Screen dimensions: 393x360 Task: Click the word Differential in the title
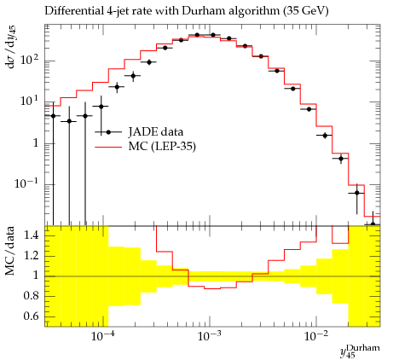(x=74, y=11)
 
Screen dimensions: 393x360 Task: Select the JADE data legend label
(x=156, y=132)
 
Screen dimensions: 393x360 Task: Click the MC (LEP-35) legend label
(x=162, y=147)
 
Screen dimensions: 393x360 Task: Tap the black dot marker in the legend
(x=108, y=132)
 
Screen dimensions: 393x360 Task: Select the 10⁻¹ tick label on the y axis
(x=26, y=183)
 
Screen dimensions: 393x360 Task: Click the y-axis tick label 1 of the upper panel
(x=35, y=143)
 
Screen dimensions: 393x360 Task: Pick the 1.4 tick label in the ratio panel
(x=32, y=235)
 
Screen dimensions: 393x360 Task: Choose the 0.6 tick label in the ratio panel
(x=32, y=316)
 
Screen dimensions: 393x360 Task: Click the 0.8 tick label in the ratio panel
(x=32, y=296)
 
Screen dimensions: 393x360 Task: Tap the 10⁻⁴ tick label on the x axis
(x=102, y=336)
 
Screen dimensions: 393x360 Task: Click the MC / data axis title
(x=9, y=251)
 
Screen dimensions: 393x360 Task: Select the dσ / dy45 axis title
(x=11, y=47)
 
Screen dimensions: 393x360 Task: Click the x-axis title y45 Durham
(x=360, y=351)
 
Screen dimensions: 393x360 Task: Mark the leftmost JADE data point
(x=53, y=116)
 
